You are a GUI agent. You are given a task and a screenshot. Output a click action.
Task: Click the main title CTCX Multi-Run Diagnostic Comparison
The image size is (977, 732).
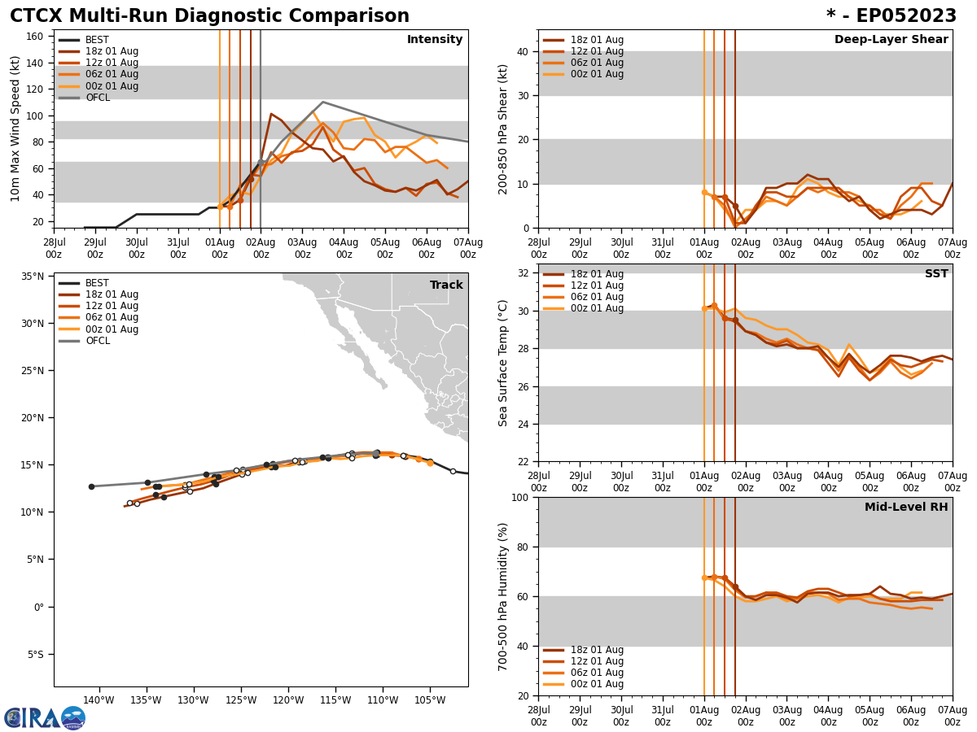(x=209, y=16)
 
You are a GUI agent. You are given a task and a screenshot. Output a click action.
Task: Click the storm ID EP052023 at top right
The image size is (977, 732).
(x=892, y=16)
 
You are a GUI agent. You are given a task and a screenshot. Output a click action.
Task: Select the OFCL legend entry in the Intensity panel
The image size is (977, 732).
(x=97, y=98)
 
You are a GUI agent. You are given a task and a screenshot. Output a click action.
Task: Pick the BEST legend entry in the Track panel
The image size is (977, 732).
(x=97, y=283)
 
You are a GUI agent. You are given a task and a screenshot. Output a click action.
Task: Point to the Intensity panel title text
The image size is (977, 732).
(x=435, y=40)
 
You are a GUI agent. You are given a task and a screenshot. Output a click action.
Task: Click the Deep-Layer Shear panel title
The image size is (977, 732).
(x=891, y=40)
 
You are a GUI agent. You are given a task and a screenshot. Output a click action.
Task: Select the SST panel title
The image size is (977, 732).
(x=935, y=274)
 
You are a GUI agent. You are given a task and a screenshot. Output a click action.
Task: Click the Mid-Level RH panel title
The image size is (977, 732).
(x=906, y=508)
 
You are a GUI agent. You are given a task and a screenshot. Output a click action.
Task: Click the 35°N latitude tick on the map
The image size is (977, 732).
(x=33, y=277)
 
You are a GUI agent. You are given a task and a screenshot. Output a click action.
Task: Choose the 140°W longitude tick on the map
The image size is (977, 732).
(x=99, y=700)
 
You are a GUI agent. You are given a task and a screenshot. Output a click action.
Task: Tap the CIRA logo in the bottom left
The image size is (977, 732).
(x=44, y=717)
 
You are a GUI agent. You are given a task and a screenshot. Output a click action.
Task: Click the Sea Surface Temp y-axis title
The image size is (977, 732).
(x=504, y=363)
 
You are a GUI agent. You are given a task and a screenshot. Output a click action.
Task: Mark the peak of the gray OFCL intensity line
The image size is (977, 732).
(x=322, y=102)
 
